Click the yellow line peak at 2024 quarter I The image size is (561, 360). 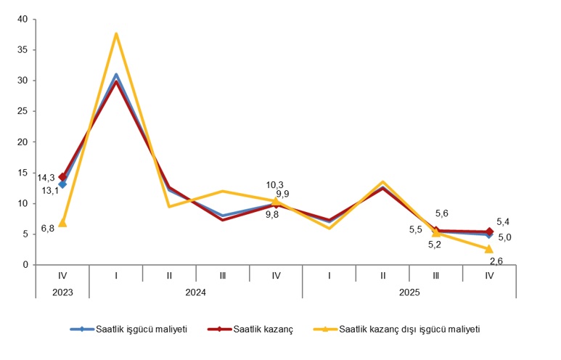[x=116, y=34]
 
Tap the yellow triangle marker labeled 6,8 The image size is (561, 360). [x=63, y=223]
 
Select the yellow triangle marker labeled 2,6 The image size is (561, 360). [x=489, y=249]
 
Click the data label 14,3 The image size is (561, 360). [x=46, y=178]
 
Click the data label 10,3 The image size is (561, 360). [x=275, y=185]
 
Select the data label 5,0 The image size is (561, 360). [x=504, y=237]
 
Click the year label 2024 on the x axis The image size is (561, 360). [x=195, y=292]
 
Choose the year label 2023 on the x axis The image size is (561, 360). [x=62, y=292]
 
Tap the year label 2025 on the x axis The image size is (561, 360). [x=409, y=292]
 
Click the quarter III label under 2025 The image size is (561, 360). [x=435, y=276]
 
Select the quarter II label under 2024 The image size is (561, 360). [x=169, y=276]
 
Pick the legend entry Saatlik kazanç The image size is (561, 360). [x=263, y=330]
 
